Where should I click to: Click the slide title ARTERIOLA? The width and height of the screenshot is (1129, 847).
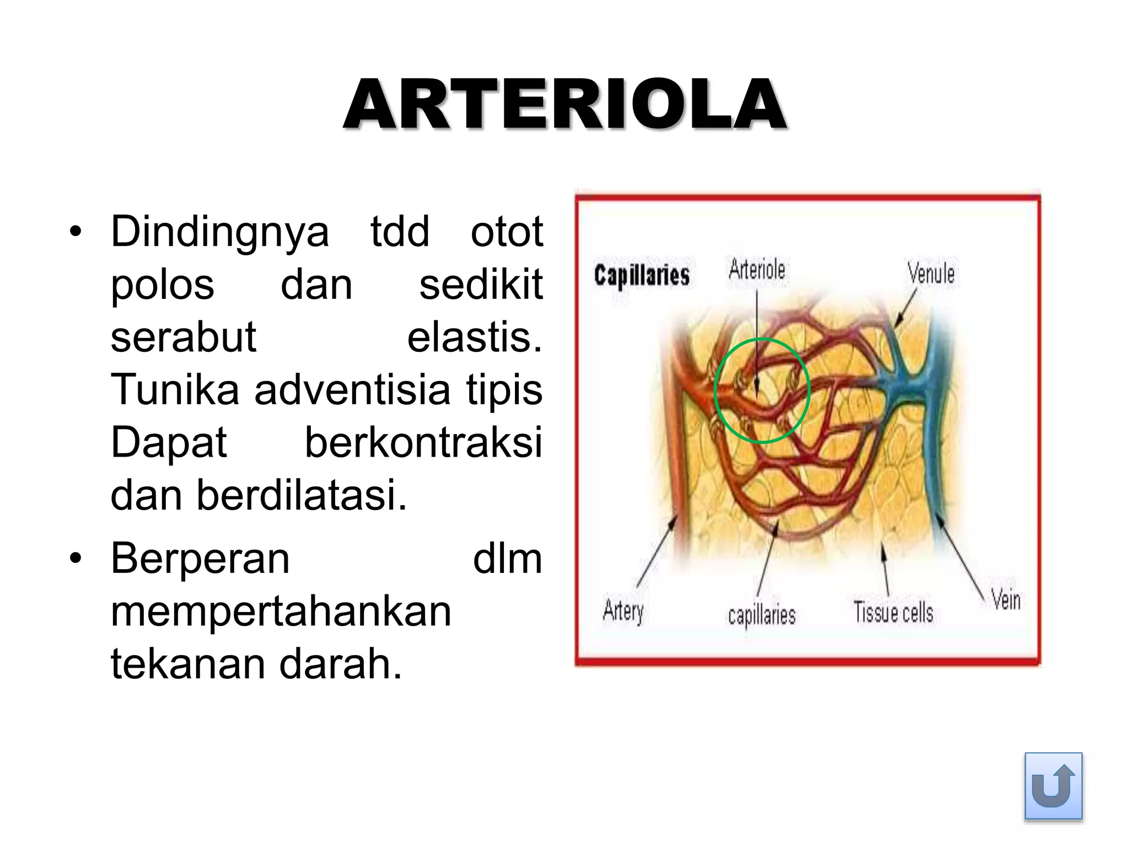(564, 105)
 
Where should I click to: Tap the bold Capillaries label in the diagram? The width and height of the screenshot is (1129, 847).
(642, 275)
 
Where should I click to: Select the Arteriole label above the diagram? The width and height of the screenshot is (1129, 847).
(757, 270)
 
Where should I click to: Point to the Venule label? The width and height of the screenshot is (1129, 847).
(931, 274)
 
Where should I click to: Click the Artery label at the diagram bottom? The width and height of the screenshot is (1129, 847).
(623, 611)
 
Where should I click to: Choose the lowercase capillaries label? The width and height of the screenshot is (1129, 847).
(762, 615)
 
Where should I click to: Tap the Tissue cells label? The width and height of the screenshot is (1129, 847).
(893, 612)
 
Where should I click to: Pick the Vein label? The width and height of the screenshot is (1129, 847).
(1006, 599)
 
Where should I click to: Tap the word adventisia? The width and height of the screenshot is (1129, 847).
(352, 389)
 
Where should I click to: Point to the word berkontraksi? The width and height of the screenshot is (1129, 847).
(423, 442)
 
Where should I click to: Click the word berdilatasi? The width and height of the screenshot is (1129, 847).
(302, 495)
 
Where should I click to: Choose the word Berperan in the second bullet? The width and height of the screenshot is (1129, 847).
(200, 559)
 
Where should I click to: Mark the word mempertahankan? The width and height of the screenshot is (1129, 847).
(281, 612)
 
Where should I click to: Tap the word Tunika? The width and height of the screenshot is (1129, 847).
(175, 389)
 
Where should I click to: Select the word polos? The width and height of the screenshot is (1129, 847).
(163, 286)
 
